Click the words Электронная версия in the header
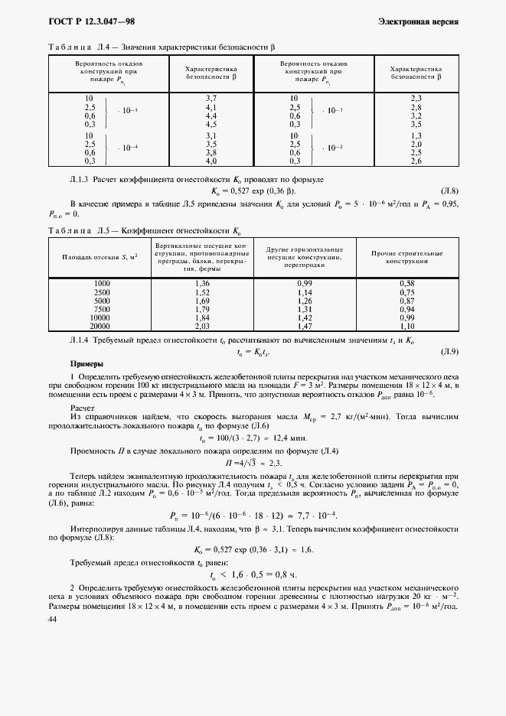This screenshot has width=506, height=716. [418, 22]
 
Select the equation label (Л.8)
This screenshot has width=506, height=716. [448, 190]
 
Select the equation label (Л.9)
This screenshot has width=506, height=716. [449, 351]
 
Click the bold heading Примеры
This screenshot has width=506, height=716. [86, 364]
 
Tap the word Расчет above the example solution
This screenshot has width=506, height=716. [83, 408]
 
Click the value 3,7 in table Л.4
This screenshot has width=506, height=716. [212, 99]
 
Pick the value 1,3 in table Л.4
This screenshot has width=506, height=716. [416, 135]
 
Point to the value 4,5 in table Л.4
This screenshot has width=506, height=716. [212, 124]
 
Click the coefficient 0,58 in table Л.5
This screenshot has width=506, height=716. [406, 284]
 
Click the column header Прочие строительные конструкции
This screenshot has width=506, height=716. [406, 257]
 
